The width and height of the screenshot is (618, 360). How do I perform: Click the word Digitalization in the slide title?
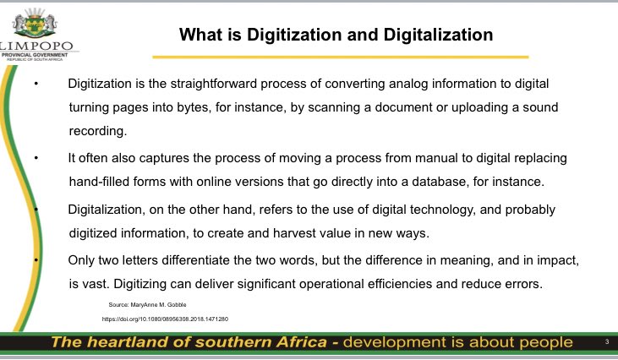click(x=440, y=35)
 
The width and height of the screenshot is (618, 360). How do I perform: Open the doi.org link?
click(x=166, y=319)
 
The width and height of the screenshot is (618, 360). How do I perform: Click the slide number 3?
click(x=607, y=341)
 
